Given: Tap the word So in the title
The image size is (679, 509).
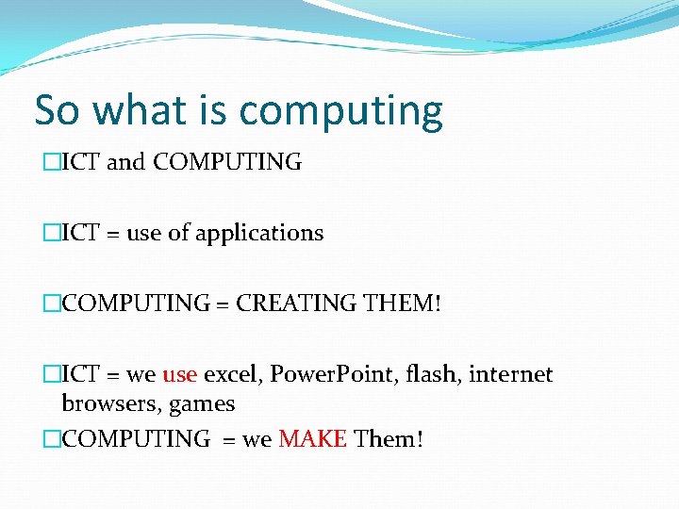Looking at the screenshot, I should (x=58, y=110).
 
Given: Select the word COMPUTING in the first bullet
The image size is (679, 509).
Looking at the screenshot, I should (x=227, y=162).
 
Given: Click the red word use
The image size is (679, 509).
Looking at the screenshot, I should (x=179, y=374).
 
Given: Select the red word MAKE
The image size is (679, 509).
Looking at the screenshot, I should (x=313, y=438).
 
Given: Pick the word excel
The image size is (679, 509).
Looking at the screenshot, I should (x=232, y=374).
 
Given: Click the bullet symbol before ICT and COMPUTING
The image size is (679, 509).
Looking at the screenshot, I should (x=51, y=162).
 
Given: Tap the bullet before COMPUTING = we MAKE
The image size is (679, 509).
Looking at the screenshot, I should (x=51, y=438).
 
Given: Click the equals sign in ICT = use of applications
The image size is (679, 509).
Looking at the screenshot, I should (x=113, y=234).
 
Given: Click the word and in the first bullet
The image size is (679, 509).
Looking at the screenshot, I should (x=126, y=162).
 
